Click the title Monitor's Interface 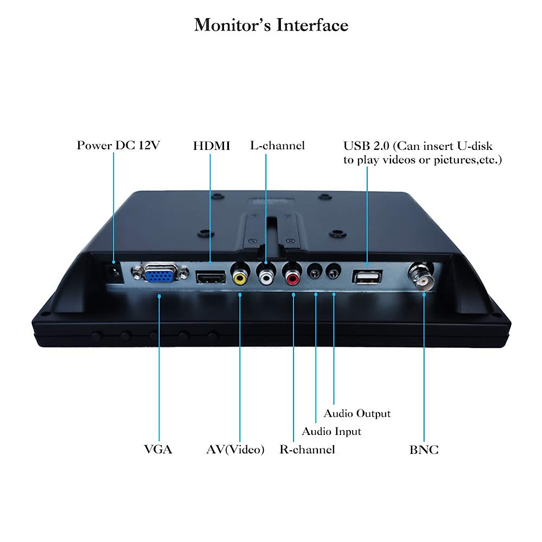271,25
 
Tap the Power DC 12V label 118,145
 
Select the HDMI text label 211,146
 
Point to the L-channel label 277,145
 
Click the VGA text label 158,449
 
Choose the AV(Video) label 235,449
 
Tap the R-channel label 307,449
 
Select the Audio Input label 332,431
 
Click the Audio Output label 357,413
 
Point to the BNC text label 424,450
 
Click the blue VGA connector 160,273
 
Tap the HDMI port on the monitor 210,277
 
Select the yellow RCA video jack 240,277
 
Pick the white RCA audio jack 266,277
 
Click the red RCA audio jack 293,277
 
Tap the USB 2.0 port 367,277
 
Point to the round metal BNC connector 422,277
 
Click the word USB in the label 354,146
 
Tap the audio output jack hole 333,273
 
